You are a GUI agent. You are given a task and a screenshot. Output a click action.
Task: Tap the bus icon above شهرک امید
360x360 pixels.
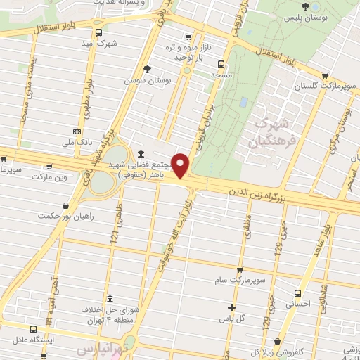[98, 32]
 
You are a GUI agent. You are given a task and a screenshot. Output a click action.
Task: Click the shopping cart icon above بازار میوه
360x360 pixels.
[187, 37]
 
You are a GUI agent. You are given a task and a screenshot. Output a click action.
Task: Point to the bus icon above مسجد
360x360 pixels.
[222, 63]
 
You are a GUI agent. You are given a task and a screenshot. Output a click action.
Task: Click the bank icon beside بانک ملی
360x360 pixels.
[77, 132]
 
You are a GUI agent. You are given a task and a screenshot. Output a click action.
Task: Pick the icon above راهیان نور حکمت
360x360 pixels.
[66, 206]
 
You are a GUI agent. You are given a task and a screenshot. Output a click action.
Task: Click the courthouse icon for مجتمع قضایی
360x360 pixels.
[141, 154]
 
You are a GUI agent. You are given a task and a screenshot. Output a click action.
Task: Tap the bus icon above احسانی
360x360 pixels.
[297, 293]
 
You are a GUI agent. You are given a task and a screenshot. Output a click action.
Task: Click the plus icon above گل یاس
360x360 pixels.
[232, 307]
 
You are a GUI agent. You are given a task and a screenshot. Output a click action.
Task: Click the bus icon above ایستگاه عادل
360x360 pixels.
[32, 328]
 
